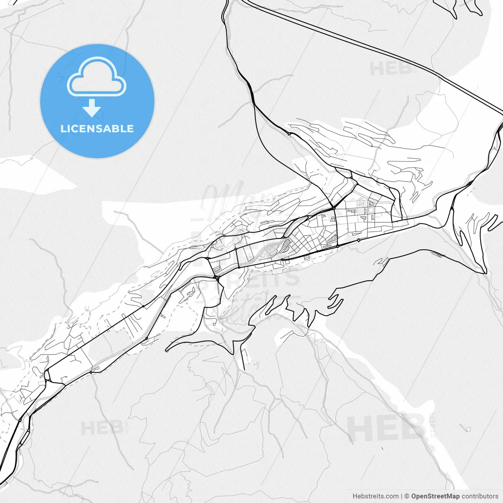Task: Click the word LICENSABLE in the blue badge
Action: pyautogui.click(x=97, y=129)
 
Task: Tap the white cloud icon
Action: pyautogui.click(x=97, y=77)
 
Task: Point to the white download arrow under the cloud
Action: pyautogui.click(x=92, y=108)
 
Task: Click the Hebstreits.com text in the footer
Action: pyautogui.click(x=375, y=496)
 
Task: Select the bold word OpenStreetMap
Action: pyautogui.click(x=435, y=496)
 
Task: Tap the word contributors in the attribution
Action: pyautogui.click(x=479, y=496)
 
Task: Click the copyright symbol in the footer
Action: pyautogui.click(x=407, y=496)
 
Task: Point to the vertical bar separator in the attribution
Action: pyautogui.click(x=402, y=496)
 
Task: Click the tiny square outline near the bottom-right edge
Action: pyautogui.click(x=468, y=430)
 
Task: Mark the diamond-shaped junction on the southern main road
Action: pyautogui.click(x=358, y=240)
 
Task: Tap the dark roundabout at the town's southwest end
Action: pyautogui.click(x=217, y=277)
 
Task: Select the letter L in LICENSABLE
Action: pyautogui.click(x=63, y=129)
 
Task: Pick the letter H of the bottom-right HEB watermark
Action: pyautogui.click(x=358, y=429)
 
